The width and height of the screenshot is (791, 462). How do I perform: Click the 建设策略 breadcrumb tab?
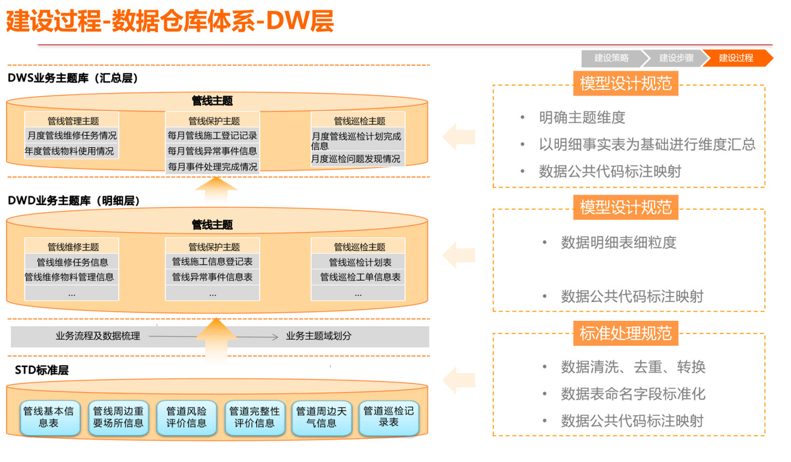610,58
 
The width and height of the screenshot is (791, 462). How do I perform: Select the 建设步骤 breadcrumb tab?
676,58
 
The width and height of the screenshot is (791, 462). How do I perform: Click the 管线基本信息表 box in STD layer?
49,417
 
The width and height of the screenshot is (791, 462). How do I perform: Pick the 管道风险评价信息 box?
187,417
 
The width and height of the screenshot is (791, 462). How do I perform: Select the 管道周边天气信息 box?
322,417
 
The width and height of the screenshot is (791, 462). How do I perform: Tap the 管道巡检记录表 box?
389,416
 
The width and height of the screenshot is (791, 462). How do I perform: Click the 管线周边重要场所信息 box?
118,417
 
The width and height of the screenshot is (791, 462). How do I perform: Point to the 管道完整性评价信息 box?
254,417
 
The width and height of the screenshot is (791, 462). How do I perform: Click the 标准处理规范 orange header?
626,333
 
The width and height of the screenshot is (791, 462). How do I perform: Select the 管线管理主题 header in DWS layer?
73,121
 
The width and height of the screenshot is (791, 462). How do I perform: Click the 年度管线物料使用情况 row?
69,151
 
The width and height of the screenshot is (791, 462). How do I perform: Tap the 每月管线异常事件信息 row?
212,151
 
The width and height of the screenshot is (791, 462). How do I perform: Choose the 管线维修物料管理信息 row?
69,277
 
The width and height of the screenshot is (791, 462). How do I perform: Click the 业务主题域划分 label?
318,336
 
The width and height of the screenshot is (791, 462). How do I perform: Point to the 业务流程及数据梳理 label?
98,336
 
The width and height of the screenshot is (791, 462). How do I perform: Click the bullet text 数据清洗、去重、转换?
633,367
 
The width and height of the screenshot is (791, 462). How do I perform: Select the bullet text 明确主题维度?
581,118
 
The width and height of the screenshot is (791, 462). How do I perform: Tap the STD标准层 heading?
42,370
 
